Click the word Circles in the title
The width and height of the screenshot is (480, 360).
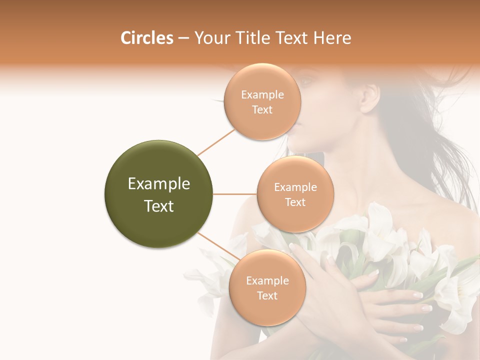coord(146,38)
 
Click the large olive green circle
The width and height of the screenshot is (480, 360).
coord(159,194)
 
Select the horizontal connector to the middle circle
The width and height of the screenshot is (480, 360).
coord(235,194)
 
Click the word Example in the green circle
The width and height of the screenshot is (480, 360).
coord(159,184)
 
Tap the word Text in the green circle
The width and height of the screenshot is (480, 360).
coord(159,206)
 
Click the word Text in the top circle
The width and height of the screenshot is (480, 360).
coord(262,109)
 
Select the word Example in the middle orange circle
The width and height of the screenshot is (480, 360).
coord(295,187)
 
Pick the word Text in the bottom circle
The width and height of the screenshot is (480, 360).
coord(267,295)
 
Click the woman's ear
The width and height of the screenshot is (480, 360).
coord(369,96)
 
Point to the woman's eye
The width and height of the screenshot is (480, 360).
coord(306,80)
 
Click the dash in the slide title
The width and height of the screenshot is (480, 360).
coord(183,38)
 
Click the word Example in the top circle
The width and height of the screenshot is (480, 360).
coord(262,94)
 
